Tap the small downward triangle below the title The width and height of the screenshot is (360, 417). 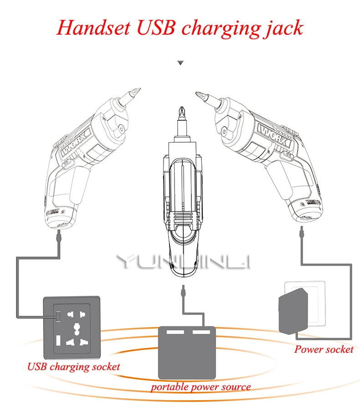point(180,63)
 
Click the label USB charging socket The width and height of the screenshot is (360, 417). point(74,366)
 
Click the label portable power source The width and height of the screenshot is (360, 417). point(201,387)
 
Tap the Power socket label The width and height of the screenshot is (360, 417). point(324,350)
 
